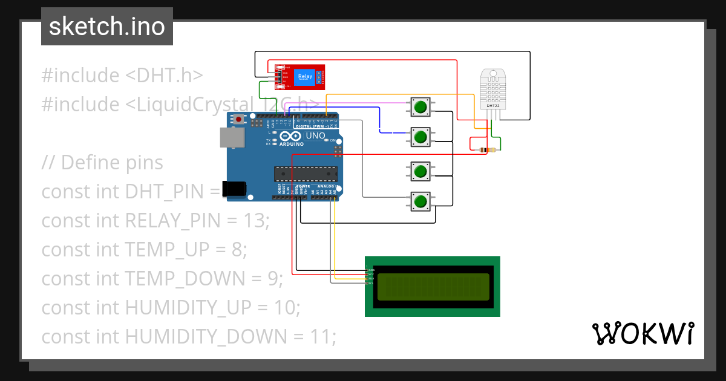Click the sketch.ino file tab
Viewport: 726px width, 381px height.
[x=106, y=27]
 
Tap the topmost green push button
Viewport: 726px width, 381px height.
[x=420, y=107]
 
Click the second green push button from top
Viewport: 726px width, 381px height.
[x=420, y=137]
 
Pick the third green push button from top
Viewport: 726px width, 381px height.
[x=420, y=171]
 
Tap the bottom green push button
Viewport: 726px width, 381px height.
[x=420, y=201]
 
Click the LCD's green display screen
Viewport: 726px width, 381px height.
[x=433, y=287]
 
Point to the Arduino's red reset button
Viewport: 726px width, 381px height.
[x=240, y=120]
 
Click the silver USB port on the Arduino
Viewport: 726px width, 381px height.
[x=232, y=138]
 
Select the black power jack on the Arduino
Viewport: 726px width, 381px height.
[x=234, y=189]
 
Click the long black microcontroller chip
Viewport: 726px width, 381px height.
[x=306, y=174]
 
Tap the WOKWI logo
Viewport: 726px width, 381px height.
[x=643, y=333]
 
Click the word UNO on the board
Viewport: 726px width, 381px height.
[x=315, y=136]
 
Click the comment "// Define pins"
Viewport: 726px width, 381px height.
[x=102, y=163]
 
